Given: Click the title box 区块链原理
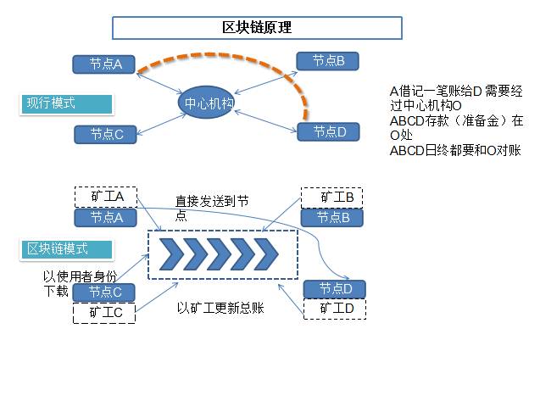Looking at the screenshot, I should [257, 28].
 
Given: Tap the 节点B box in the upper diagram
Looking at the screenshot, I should [327, 61].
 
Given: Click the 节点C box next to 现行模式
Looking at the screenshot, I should [106, 134].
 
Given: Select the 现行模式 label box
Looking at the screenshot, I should [67, 103].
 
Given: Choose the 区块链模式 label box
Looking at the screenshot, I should [67, 248].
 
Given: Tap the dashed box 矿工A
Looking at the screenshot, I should [106, 197].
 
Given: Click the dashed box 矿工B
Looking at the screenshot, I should [332, 198].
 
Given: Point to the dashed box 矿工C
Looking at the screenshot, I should [105, 312].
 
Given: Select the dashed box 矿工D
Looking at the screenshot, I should [335, 309].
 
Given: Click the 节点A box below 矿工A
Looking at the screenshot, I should [106, 218].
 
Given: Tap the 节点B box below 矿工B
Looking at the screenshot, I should [332, 218].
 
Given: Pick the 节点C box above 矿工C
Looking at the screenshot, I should [105, 292].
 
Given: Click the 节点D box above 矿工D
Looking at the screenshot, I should [335, 289].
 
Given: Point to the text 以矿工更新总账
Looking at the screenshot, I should [220, 308].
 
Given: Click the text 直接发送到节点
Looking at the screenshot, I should [212, 208].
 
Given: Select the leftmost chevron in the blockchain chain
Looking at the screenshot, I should [172, 253].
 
